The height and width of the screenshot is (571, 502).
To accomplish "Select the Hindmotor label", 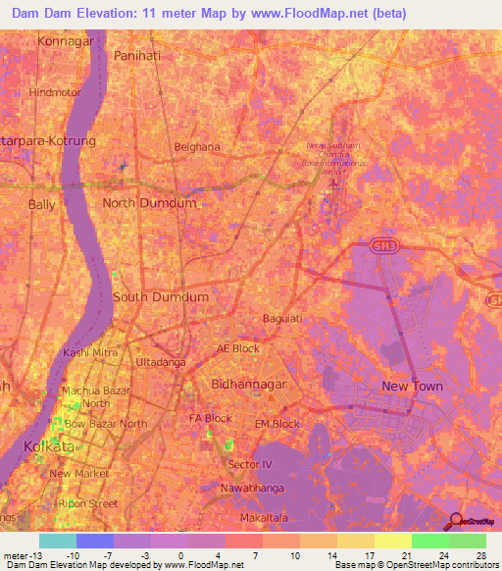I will point(54,91).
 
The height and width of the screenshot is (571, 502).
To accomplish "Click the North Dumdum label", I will point(149,203).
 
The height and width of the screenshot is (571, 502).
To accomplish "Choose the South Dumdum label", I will point(161,296).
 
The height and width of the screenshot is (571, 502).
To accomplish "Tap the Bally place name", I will point(42,205).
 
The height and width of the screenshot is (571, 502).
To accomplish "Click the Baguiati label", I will point(284,319).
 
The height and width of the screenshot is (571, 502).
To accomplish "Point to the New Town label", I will point(413,387).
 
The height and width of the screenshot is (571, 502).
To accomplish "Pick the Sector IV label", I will point(249,463).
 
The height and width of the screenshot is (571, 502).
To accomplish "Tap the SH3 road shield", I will point(387,251).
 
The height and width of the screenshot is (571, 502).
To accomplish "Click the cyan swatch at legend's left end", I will point(58,541).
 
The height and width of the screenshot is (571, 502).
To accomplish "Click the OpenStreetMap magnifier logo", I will point(457,523).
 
